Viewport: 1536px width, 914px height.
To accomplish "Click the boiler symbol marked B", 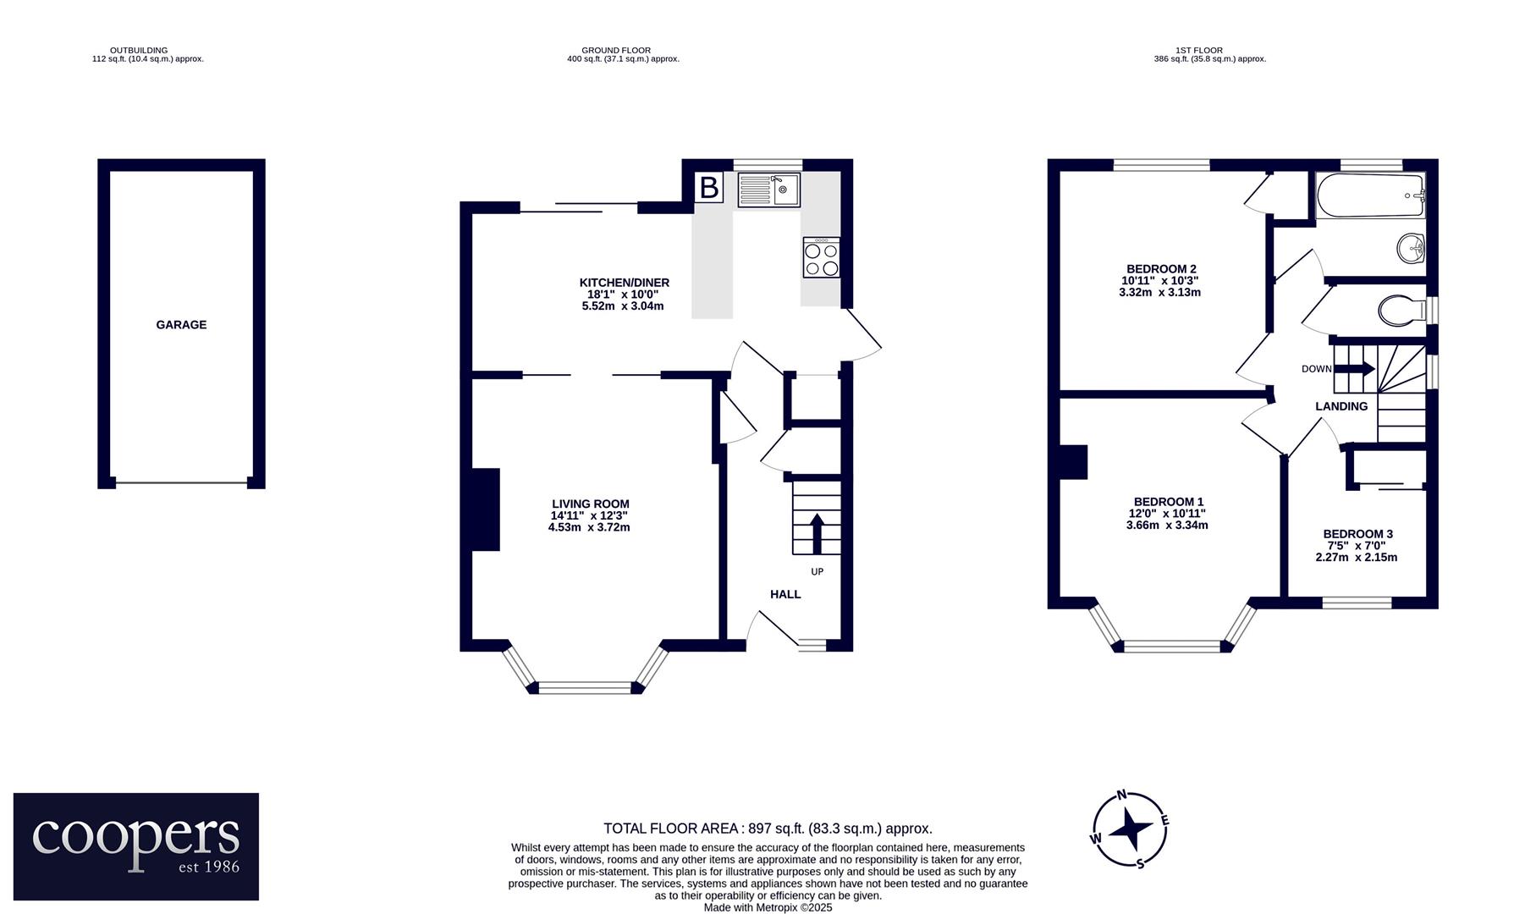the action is (709, 188).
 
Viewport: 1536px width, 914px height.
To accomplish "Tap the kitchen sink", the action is (768, 190).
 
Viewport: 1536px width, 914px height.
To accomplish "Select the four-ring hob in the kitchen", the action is (822, 257).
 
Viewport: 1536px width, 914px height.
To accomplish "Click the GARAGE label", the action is (181, 325).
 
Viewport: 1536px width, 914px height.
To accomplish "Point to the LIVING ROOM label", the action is (591, 504).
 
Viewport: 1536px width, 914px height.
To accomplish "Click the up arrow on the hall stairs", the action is (818, 532).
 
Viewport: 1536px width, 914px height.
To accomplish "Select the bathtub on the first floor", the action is (1371, 195).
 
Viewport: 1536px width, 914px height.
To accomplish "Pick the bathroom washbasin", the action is (1411, 249).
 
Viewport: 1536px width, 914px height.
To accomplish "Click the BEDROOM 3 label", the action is (1357, 534).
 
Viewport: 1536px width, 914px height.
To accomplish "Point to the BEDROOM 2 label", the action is (1159, 269).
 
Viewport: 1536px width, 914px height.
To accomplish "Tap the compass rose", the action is (1130, 829).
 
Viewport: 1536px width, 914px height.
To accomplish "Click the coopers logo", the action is (136, 846).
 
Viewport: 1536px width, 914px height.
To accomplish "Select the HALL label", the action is (785, 594).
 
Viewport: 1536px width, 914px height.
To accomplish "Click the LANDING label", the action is (1341, 406).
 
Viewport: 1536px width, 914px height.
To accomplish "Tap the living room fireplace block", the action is (486, 509).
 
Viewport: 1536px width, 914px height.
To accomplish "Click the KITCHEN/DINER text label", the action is (624, 283).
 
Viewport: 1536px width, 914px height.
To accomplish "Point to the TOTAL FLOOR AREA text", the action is (768, 829).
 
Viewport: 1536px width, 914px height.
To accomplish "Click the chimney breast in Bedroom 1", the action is (1073, 462).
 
